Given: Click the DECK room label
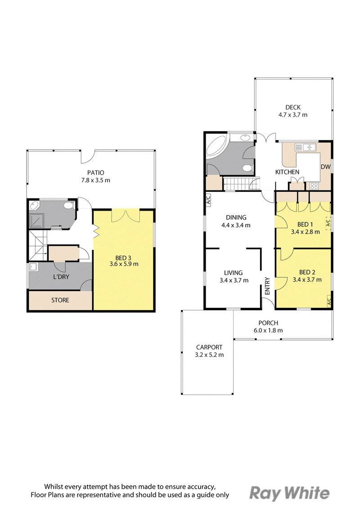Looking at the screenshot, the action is click(x=293, y=107).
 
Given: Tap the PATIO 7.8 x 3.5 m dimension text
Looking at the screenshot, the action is click(x=96, y=180).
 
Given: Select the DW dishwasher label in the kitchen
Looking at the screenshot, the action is click(x=325, y=167).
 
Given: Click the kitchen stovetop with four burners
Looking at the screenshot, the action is click(x=314, y=186).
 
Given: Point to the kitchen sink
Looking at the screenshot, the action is click(x=305, y=147).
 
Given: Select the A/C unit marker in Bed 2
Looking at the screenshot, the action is click(x=328, y=302).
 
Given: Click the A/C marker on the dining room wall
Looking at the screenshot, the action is click(x=208, y=199).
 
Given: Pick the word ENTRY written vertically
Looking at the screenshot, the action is click(x=267, y=286).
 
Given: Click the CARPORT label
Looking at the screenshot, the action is click(x=209, y=347).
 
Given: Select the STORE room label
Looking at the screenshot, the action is click(x=60, y=300).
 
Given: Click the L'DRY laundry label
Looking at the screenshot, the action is click(x=61, y=277).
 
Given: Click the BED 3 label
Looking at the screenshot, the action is click(x=123, y=258).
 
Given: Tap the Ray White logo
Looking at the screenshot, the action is click(x=289, y=493).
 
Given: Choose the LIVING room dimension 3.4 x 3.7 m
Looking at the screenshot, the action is click(x=234, y=280).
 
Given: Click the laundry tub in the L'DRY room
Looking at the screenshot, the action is click(x=33, y=267).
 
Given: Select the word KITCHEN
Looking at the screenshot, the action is click(x=287, y=172).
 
